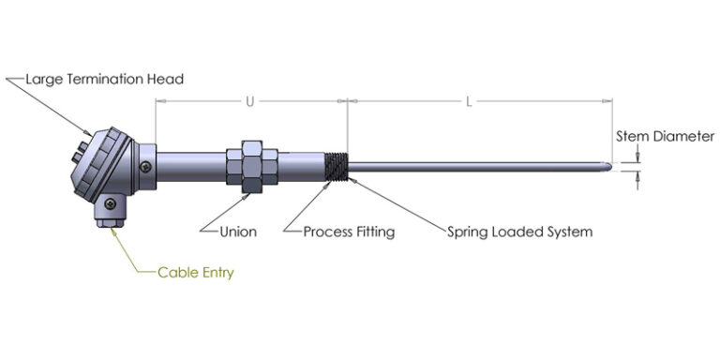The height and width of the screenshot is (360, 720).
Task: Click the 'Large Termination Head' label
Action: (x=104, y=79)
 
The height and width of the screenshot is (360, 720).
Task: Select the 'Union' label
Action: (x=237, y=230)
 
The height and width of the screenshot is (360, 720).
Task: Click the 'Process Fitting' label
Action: (x=349, y=230)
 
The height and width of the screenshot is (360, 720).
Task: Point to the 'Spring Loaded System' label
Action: (x=518, y=230)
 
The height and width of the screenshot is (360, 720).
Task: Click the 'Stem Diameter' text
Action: (x=665, y=136)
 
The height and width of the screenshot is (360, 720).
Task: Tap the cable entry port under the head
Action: (x=109, y=214)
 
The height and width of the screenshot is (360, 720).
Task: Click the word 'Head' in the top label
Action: (x=166, y=79)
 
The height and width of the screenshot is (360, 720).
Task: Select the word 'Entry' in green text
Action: (x=216, y=273)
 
